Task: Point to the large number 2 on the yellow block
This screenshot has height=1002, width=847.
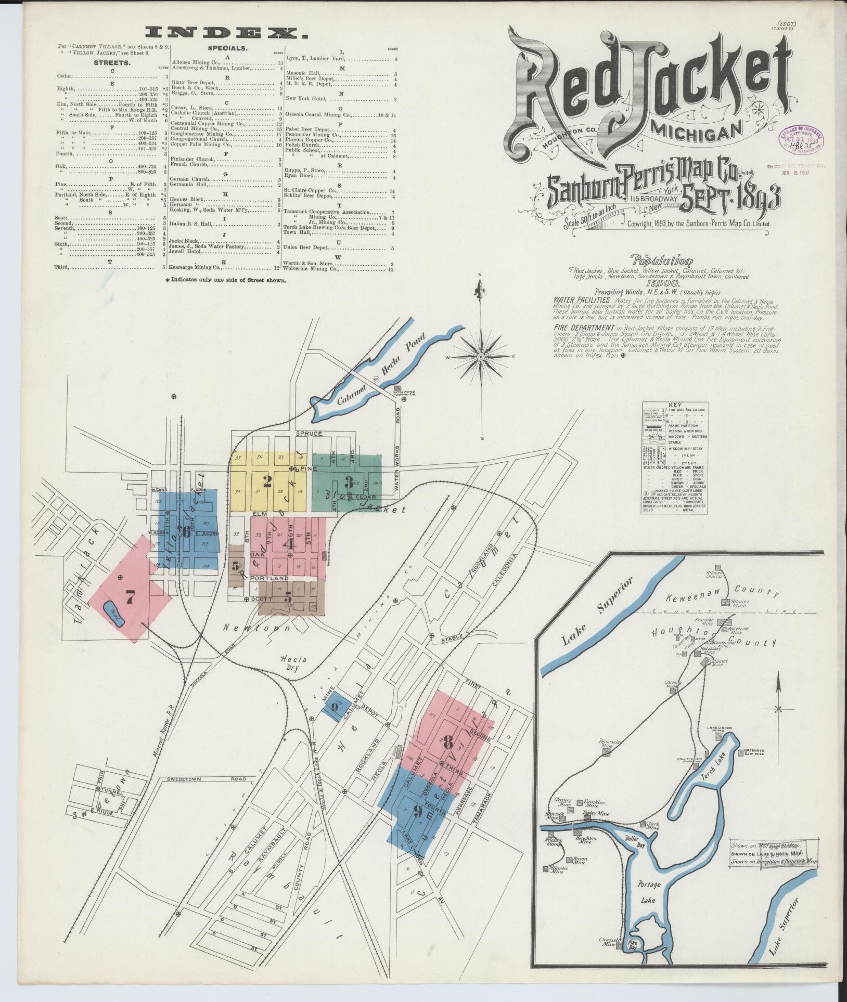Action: coord(267,482)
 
